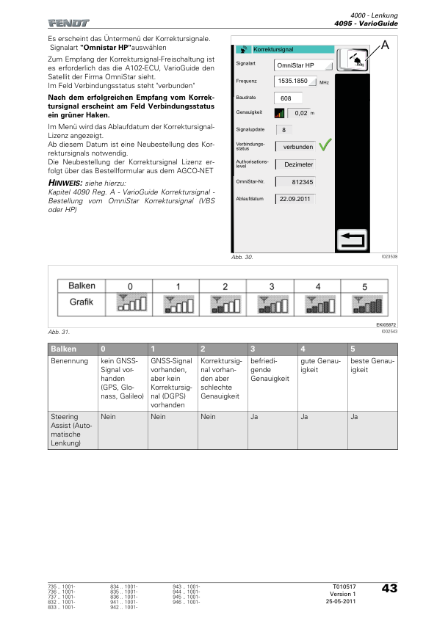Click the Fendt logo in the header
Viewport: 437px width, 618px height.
point(68,23)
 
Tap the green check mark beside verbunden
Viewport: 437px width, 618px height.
point(325,145)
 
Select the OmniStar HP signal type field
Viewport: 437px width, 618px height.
point(303,65)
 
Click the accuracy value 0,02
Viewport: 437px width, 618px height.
point(301,113)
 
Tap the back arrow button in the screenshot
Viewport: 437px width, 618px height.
point(353,239)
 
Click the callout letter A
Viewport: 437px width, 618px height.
point(385,46)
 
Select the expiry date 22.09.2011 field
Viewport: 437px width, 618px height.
point(295,199)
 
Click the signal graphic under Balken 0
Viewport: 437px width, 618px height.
point(131,302)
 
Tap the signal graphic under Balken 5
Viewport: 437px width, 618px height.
point(366,305)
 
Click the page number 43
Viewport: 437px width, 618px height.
point(389,589)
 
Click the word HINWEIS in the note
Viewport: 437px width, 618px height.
point(65,183)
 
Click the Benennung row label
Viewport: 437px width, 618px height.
point(70,361)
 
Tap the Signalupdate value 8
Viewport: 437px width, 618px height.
point(283,130)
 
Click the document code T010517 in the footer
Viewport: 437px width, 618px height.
point(344,586)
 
